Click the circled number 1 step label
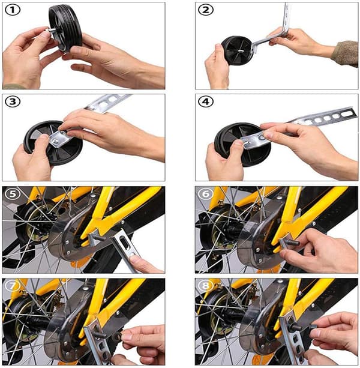13,10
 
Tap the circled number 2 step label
206,10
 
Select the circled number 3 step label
13,102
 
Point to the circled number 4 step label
206,102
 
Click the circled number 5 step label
13,194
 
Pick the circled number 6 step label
206,194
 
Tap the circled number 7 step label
13,286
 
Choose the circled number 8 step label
206,286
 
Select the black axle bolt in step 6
292,243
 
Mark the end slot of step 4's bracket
347,113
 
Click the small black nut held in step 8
313,327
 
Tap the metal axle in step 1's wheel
53,30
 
